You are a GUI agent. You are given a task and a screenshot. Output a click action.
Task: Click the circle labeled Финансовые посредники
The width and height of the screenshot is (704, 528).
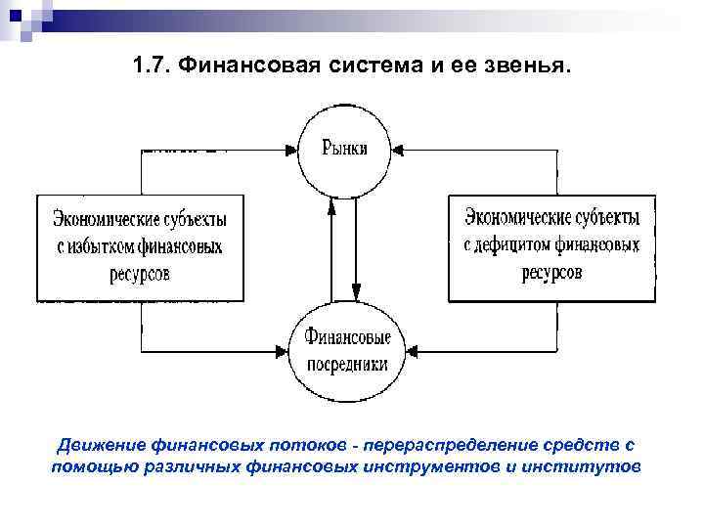(x=346, y=350)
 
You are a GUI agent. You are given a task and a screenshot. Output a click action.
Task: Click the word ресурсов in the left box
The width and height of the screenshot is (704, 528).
(x=140, y=273)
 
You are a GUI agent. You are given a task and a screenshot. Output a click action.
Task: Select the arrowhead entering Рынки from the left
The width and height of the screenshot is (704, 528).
(x=291, y=150)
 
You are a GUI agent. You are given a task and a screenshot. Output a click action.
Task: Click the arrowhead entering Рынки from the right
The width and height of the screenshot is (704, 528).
(x=400, y=150)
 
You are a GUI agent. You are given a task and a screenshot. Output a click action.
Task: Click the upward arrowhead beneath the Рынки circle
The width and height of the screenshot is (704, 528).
(x=332, y=204)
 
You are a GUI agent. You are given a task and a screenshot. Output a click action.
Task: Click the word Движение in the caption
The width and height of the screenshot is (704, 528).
(x=94, y=446)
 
